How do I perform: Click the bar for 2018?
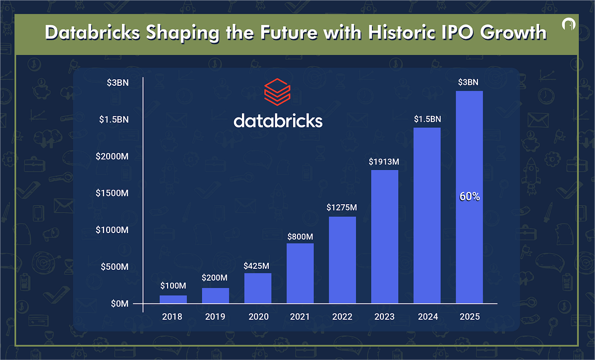[x=173, y=299]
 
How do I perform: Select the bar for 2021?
[x=300, y=273]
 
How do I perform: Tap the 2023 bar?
[x=385, y=236]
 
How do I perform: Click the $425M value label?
[x=257, y=265]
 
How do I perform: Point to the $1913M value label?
[x=384, y=162]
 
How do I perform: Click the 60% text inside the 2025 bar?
[x=469, y=197]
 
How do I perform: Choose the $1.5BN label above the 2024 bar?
[x=427, y=120]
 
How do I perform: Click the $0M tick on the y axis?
[x=119, y=303]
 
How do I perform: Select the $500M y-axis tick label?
[x=115, y=267]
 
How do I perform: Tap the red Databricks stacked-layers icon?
[x=278, y=91]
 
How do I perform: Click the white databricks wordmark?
[x=278, y=120]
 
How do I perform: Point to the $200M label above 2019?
[x=215, y=278]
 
